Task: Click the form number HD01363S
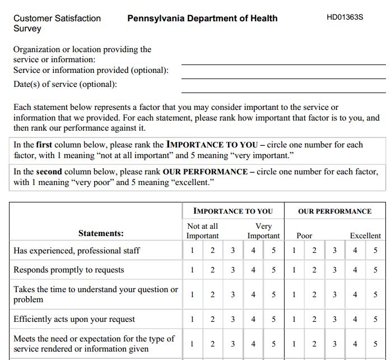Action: coord(345,17)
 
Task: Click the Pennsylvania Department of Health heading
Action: coord(202,18)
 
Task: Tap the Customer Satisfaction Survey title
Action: coord(57,23)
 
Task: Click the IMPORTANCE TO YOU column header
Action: coord(232,211)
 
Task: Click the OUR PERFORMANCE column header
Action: coord(334,211)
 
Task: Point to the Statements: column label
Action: coord(101,233)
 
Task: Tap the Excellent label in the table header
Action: coord(365,236)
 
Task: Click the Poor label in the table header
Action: coord(304,236)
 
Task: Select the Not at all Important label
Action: coord(202,231)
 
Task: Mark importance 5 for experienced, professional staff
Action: coord(274,251)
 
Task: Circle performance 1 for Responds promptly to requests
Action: coord(294,270)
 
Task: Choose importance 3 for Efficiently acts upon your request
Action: coord(233,320)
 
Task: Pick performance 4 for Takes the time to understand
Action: coord(355,294)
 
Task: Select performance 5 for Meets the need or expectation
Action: coord(375,344)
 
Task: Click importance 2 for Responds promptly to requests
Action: coord(212,270)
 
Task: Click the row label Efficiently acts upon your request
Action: coord(74,320)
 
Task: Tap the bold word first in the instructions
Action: coord(44,145)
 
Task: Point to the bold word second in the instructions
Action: coord(49,172)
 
